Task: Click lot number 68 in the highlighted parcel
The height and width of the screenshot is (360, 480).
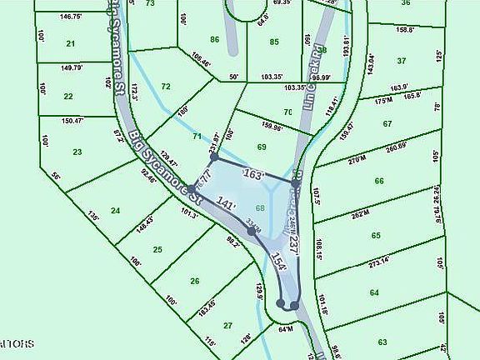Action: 260,207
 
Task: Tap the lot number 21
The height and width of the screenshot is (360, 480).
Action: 70,43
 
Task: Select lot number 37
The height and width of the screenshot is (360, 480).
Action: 401,60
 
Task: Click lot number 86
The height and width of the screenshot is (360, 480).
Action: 214,39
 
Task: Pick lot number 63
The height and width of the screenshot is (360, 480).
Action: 382,342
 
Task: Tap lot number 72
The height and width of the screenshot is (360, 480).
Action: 166,87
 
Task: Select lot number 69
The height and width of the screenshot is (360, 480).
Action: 261,147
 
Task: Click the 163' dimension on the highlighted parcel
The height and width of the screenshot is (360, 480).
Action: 252,175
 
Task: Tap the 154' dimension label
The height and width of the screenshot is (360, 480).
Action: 279,262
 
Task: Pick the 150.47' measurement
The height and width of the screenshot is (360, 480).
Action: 73,121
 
